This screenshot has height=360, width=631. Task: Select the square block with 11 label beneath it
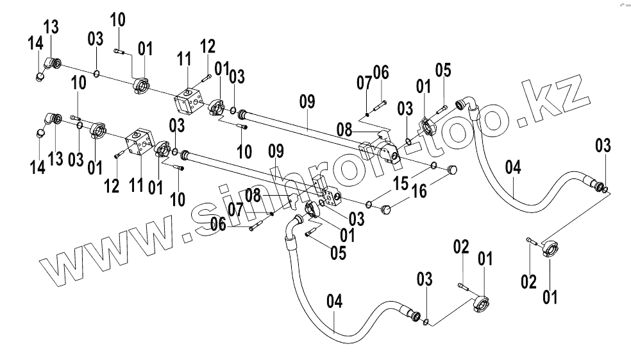click(x=140, y=144)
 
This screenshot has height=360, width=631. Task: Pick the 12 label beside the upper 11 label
click(x=207, y=46)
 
